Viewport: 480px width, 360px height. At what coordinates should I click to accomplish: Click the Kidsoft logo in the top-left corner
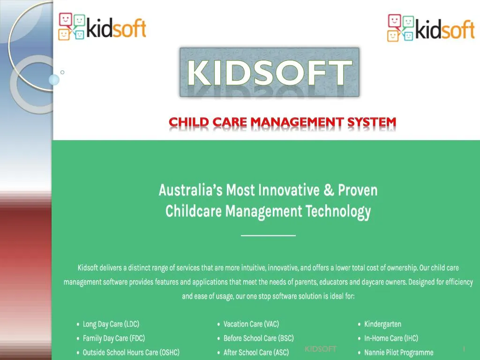(x=102, y=27)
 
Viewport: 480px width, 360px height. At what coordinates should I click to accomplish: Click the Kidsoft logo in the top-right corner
(x=431, y=28)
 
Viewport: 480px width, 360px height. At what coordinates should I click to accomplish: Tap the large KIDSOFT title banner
(x=270, y=72)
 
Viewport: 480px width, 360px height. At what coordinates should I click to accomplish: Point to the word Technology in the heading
(x=338, y=211)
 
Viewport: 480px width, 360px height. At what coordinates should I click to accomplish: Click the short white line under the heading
(x=268, y=235)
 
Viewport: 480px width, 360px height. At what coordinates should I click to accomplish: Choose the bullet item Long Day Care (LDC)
(x=111, y=324)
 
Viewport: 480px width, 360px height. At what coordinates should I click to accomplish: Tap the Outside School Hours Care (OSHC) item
(x=131, y=352)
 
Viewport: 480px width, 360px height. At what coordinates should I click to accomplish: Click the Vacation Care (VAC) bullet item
(x=251, y=324)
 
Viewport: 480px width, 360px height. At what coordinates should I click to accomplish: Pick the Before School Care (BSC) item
(x=258, y=338)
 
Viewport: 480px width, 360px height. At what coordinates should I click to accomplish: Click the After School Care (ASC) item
(x=256, y=352)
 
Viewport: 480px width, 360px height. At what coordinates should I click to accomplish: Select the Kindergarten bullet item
(x=382, y=324)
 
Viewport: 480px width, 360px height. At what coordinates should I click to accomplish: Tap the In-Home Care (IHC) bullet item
(x=391, y=338)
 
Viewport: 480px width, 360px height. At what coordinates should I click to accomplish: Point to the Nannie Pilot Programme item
(x=398, y=352)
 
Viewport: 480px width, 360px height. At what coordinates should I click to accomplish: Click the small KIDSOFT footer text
(x=321, y=349)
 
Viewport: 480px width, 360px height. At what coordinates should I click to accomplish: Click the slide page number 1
(x=464, y=349)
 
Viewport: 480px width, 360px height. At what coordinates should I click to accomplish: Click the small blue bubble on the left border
(x=54, y=79)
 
